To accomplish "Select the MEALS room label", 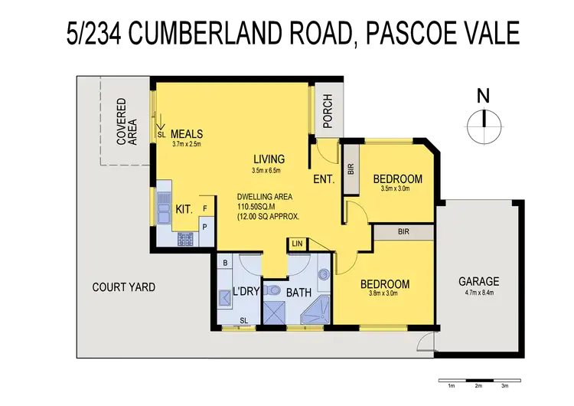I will click(187, 133).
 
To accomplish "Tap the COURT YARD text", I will click(124, 287).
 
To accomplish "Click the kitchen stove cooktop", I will click(186, 238).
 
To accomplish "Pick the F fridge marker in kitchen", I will click(204, 208).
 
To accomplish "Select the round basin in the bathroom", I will click(322, 274).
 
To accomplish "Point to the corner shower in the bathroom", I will click(316, 311).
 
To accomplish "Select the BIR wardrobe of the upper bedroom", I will click(351, 169).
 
